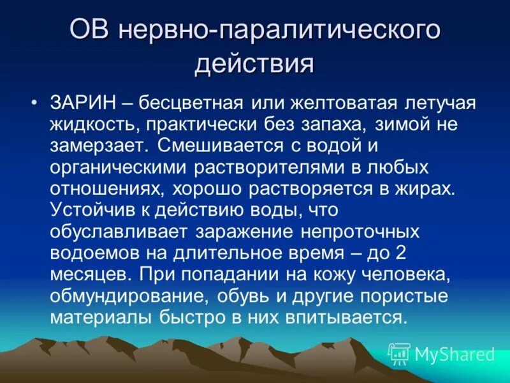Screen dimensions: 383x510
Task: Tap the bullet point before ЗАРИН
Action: point(34,103)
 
